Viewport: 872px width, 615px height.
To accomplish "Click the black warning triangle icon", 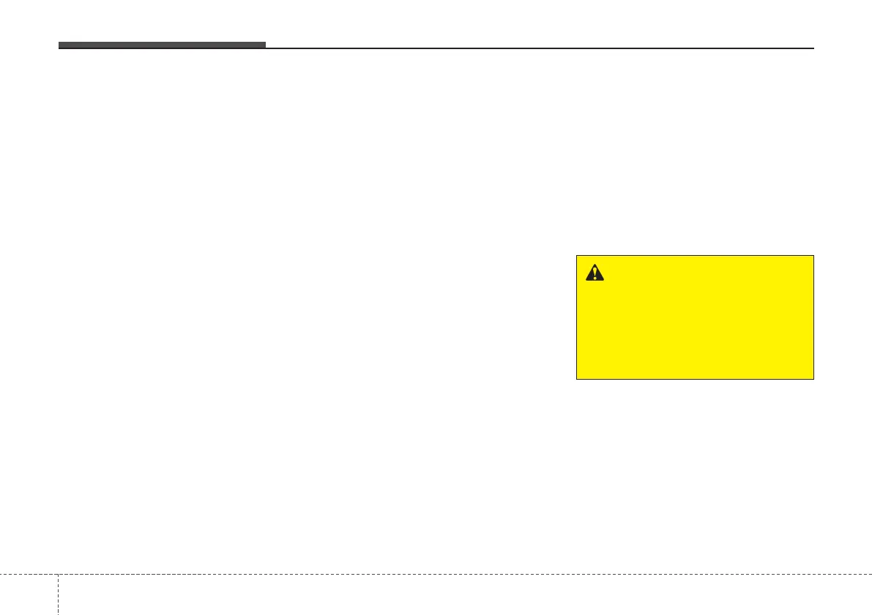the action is pos(595,273).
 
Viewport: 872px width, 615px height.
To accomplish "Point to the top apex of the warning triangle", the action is pos(595,265).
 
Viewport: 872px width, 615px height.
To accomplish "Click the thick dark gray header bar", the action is pos(162,45).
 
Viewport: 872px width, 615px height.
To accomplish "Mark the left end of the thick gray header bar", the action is pos(59,45).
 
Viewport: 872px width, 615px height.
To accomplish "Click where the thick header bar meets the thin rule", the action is pos(265,47).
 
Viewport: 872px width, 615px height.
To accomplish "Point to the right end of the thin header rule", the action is pos(813,48).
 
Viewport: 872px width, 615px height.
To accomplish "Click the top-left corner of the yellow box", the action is pos(577,256).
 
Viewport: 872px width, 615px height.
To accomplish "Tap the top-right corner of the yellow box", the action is pos(813,256).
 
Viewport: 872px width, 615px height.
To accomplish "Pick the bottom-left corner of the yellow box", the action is pos(577,379).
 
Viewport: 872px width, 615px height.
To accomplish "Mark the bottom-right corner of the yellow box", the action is pos(813,379).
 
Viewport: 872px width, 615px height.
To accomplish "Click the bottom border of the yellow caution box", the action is pos(695,379).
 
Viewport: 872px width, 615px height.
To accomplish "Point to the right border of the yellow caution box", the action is pos(813,317).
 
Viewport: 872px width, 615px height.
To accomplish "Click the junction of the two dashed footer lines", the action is pos(57,574).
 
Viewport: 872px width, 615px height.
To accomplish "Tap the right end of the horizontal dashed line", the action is pos(871,574).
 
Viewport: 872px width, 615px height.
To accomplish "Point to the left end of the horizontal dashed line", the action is pos(1,574).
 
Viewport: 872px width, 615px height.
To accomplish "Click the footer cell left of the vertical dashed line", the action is pos(29,594).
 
